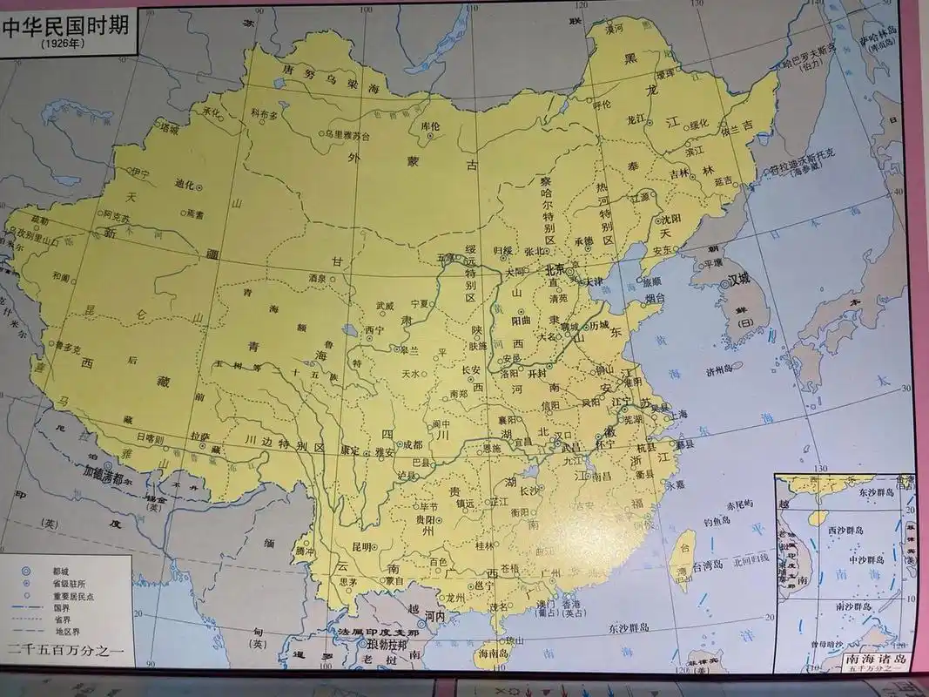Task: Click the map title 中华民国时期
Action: point(65,25)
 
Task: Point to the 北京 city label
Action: point(554,271)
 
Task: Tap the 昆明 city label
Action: point(361,547)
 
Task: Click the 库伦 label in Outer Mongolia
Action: point(431,126)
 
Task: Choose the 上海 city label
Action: point(677,415)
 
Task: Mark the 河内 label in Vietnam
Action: point(436,616)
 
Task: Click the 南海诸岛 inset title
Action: point(878,660)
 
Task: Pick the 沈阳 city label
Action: point(670,217)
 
